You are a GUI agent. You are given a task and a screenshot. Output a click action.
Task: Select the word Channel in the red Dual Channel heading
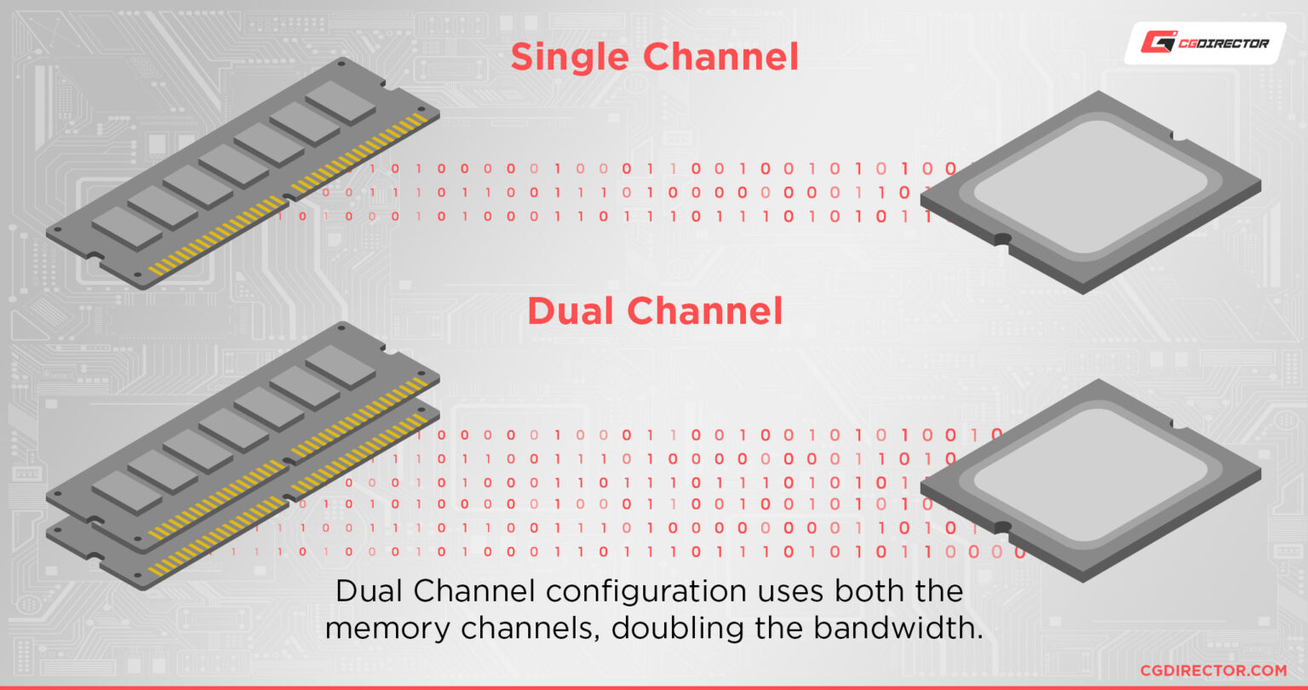pos(712,312)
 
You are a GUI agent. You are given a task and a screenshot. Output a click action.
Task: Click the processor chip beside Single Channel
pos(1091,191)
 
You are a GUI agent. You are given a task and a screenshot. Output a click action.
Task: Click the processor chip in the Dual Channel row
pos(1091,479)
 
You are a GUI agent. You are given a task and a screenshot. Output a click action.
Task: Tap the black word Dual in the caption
pos(370,591)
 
